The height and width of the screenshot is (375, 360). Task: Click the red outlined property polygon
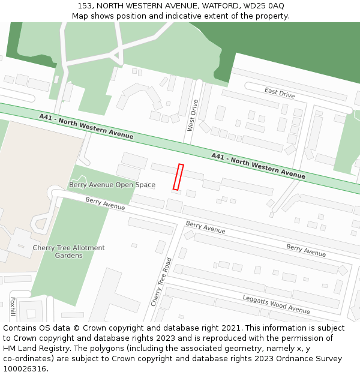[178, 177]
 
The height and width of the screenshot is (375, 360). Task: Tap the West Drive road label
[192, 115]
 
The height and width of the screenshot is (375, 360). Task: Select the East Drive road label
[280, 92]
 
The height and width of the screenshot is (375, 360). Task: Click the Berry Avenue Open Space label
[112, 185]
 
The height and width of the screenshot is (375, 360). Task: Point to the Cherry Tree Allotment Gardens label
[68, 251]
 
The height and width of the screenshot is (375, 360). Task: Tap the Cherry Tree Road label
[161, 282]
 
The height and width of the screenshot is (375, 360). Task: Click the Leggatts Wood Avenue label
[276, 304]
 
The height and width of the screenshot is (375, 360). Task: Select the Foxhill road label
[13, 306]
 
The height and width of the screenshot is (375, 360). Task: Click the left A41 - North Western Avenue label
[86, 126]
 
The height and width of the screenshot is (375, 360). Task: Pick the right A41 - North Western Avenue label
[258, 166]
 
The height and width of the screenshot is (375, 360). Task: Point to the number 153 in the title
[85, 6]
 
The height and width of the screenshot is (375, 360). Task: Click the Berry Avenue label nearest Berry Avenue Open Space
[105, 203]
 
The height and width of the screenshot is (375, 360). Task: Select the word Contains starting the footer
[20, 328]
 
